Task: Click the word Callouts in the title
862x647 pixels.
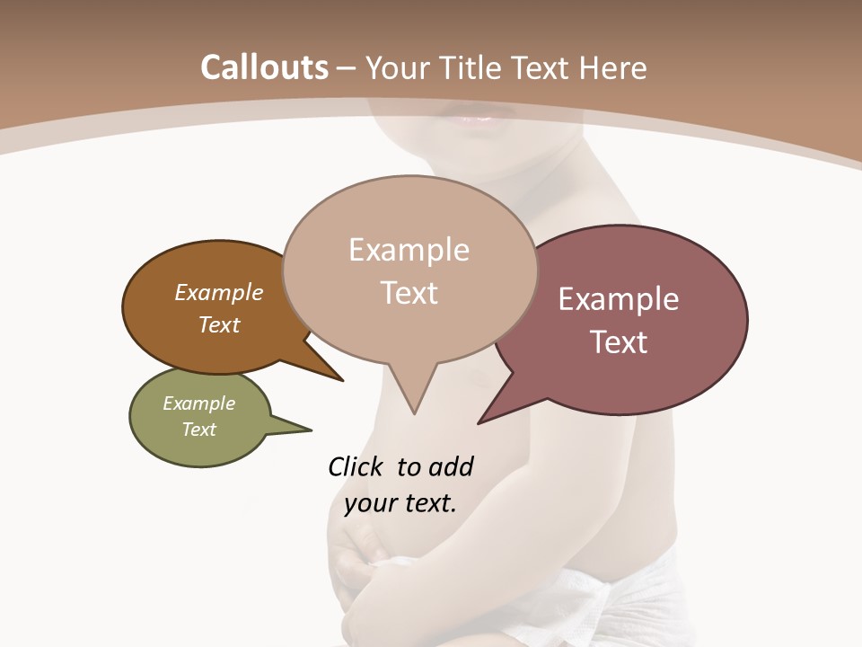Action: (264, 67)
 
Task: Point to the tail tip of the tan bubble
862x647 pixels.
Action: (414, 412)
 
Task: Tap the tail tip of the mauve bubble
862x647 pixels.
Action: (480, 421)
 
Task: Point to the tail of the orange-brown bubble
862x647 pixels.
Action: (339, 378)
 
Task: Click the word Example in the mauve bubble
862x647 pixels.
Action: (618, 299)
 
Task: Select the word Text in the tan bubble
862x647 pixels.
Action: (409, 293)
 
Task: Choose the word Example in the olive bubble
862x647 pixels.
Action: (198, 403)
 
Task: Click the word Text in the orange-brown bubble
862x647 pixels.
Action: (218, 325)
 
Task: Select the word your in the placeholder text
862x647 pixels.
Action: (370, 503)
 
